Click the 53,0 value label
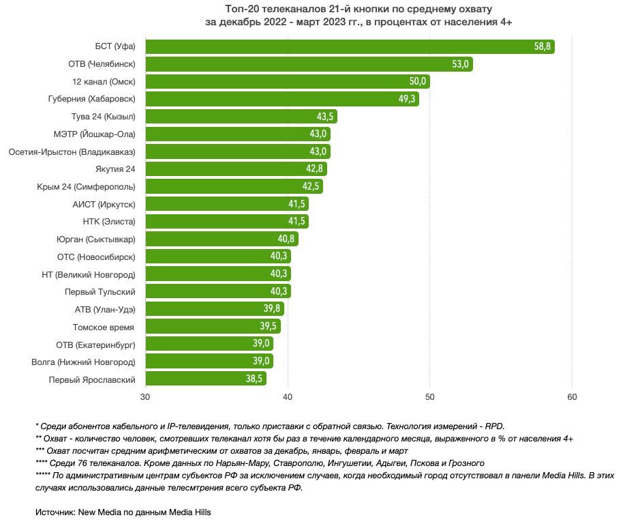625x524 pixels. pos(460,64)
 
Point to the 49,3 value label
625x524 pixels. pos(408,100)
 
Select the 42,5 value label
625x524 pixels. pos(311,187)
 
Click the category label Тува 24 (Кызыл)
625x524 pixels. pos(103,117)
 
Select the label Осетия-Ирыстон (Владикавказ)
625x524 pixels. pos(72,151)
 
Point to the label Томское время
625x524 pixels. pos(104,327)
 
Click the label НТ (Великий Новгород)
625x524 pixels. pos(89,274)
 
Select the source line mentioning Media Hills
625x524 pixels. pos(123,512)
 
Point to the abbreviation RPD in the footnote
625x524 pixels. pos(493,425)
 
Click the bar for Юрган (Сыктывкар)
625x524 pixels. pos(218,239)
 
